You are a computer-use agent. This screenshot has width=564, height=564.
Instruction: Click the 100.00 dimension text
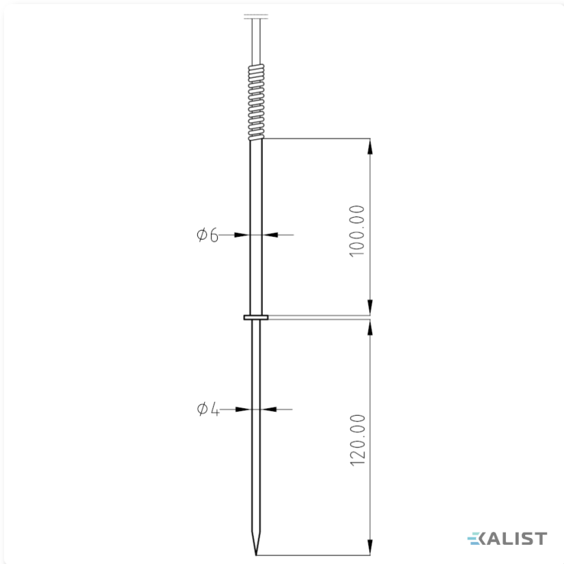[x=357, y=231]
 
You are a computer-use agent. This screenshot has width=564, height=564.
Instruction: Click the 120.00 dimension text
[x=357, y=440]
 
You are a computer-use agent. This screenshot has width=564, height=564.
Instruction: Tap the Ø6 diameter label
[x=208, y=236]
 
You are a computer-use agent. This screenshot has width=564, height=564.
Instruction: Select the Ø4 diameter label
[x=208, y=409]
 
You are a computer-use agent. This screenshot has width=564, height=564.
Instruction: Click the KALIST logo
[x=507, y=539]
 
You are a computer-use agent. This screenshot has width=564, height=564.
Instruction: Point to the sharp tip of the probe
[x=256, y=555]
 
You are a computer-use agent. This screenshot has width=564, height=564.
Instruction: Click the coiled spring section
[x=256, y=102]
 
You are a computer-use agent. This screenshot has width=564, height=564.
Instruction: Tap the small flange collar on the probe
[x=256, y=318]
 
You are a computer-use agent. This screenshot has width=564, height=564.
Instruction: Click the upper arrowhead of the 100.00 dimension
[x=370, y=146]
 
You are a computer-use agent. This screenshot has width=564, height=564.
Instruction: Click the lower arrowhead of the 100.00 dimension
[x=370, y=307]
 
